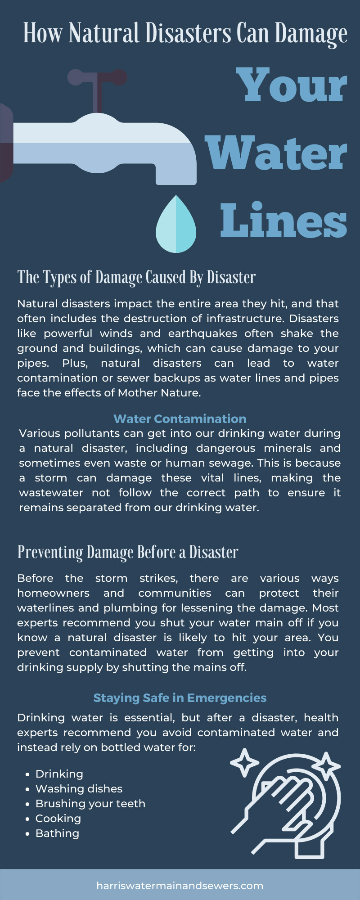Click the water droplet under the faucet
pyautogui.click(x=176, y=225)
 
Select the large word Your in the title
pyautogui.click(x=292, y=85)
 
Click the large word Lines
pyautogui.click(x=283, y=220)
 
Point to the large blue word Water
pyautogui.click(x=276, y=153)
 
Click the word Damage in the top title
pyautogui.click(x=311, y=34)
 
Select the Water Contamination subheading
pyautogui.click(x=180, y=418)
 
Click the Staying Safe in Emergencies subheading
pyautogui.click(x=180, y=698)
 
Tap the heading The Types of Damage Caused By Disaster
pyautogui.click(x=136, y=278)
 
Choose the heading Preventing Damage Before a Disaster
pyautogui.click(x=128, y=552)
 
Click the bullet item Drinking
pyautogui.click(x=59, y=774)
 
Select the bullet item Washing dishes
pyautogui.click(x=79, y=789)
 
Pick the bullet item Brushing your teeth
pyautogui.click(x=90, y=804)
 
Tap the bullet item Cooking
pyautogui.click(x=58, y=819)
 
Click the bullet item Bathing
pyautogui.click(x=57, y=833)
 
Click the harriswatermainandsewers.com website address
pyautogui.click(x=180, y=886)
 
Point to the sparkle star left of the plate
pyautogui.click(x=244, y=763)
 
